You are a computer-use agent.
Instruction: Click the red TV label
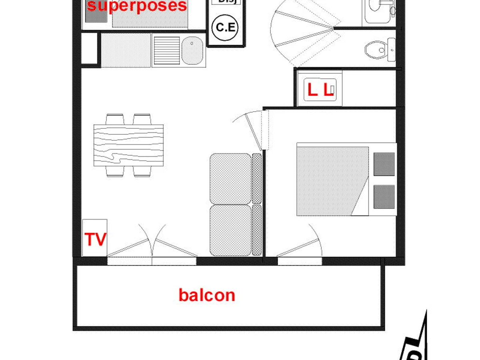[x=96, y=240]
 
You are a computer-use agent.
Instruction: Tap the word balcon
[x=206, y=295]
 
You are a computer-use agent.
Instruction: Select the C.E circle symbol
[x=225, y=28]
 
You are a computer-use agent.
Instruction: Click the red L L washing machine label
[x=320, y=90]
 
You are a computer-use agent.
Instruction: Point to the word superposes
[x=137, y=6]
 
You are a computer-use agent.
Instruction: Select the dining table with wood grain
[x=128, y=145]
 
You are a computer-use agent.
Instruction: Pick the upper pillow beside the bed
[x=384, y=164]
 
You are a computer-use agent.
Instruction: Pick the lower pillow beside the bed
[x=384, y=196]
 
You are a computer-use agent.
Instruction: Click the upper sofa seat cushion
[x=230, y=178]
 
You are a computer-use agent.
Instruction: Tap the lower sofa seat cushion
[x=230, y=230]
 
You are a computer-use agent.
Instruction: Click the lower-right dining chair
[x=142, y=171]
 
